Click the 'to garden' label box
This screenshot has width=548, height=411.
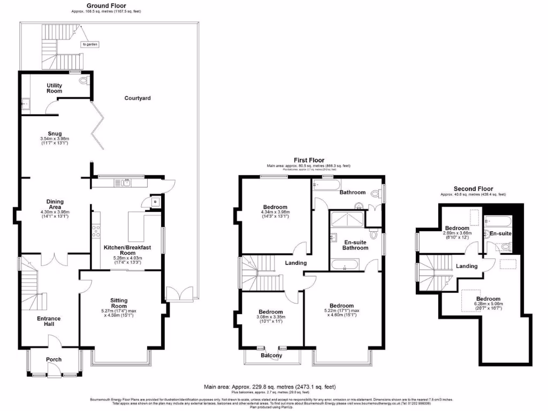[88, 44]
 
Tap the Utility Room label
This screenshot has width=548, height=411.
[55, 88]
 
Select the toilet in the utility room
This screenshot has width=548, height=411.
[82, 81]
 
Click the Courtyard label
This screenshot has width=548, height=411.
[138, 98]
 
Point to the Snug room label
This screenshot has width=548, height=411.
[55, 134]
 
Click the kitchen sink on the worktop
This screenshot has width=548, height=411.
[126, 183]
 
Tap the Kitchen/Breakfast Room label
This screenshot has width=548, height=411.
[127, 248]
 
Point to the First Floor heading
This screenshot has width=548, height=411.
[309, 160]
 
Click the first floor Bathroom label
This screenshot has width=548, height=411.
[353, 193]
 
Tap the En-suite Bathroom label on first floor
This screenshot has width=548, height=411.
[355, 245]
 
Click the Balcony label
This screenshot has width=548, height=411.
[272, 355]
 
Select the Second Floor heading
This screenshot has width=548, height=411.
[473, 189]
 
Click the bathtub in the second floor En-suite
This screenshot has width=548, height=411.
[498, 220]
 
